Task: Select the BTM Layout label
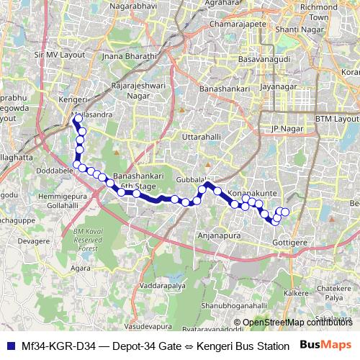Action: pos(336,118)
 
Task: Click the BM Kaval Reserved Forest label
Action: pos(85,239)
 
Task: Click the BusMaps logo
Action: pos(326,345)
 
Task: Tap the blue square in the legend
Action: pos(11,345)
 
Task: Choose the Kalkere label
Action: pos(297,293)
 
